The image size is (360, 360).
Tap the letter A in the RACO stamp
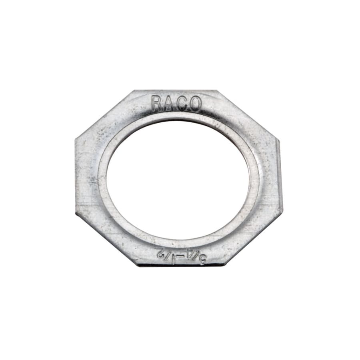169,104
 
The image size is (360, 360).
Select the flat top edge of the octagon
176,91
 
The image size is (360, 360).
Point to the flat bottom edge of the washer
182,265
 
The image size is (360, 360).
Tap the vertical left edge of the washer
76,176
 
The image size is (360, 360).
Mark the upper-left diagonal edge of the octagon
105,114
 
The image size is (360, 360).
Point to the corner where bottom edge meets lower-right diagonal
226,265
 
